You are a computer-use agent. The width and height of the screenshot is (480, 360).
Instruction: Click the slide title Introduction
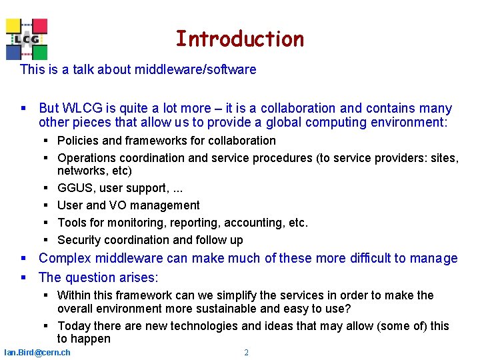tap(239, 39)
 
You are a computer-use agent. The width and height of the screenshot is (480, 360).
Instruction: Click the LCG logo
tap(27, 39)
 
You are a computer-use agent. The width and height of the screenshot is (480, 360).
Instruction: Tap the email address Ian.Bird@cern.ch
tap(37, 352)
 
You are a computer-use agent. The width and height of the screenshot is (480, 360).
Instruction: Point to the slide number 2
tap(246, 352)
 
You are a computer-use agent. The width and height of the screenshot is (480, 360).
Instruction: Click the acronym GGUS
tap(75, 188)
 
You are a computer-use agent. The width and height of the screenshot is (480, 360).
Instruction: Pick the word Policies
tap(79, 141)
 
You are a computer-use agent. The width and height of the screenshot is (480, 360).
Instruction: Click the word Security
tap(79, 240)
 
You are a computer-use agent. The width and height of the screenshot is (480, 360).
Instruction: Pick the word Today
tap(73, 326)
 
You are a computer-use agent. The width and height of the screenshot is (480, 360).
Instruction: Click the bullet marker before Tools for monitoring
tap(47, 223)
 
